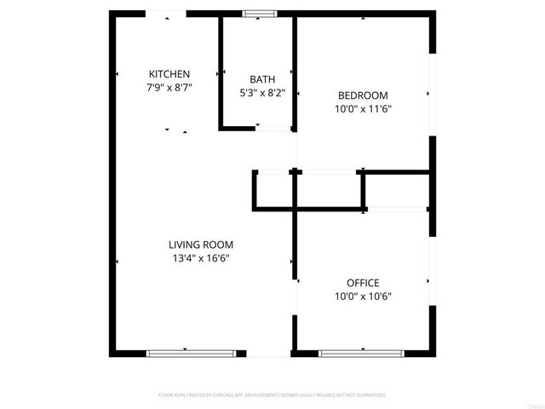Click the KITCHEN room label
point(169,74)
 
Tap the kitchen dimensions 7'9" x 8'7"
point(169,88)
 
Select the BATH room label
point(261,80)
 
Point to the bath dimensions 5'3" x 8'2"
point(261,94)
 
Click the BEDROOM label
point(363,95)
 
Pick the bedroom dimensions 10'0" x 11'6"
point(363,109)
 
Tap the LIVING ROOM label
point(200,245)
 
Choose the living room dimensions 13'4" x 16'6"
point(200,258)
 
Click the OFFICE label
point(363,283)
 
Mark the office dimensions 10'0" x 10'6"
point(363,297)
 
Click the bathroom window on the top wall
point(259,14)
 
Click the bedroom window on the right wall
point(432,94)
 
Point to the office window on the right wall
point(432,281)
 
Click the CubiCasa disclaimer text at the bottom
point(272,395)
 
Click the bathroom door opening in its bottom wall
point(273,128)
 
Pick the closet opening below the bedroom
point(328,173)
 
